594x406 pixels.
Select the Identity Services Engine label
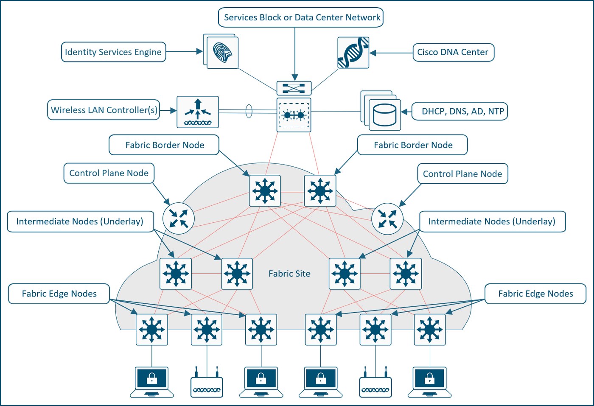coord(114,52)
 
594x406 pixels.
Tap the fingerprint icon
coord(222,53)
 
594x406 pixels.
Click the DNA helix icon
coord(353,53)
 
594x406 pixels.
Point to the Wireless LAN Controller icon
coord(198,112)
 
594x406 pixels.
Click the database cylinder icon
coord(384,115)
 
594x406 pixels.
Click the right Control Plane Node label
coord(463,174)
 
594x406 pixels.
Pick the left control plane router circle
coord(179,218)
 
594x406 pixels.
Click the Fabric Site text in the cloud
coord(289,273)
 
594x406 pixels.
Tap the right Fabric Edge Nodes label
coord(535,294)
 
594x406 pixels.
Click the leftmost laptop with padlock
coord(152,382)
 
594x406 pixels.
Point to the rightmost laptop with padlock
coord(429,382)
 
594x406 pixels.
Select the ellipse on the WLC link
coord(249,111)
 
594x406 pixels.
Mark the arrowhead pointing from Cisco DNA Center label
coord(373,53)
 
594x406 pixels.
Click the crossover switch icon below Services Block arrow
coord(294,88)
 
